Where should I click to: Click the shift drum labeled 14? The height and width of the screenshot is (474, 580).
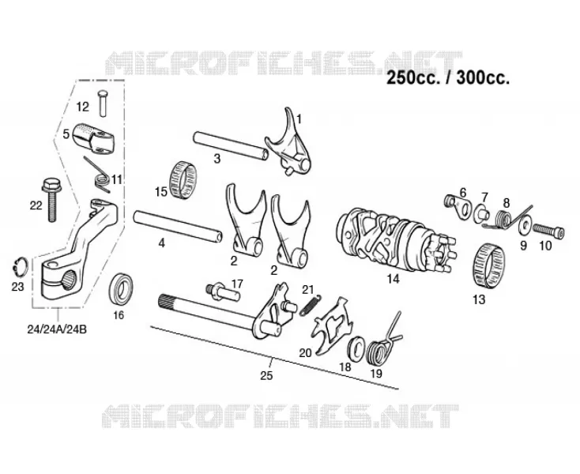[x=397, y=241]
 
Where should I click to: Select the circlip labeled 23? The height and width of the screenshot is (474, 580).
[x=19, y=266]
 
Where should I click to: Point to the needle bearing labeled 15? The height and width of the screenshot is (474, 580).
[x=183, y=175]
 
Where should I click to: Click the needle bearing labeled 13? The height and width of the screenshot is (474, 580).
[x=489, y=265]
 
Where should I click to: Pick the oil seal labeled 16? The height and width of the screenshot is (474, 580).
[x=122, y=288]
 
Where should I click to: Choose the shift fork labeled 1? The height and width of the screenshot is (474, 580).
[x=288, y=141]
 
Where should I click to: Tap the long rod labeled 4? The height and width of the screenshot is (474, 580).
[x=178, y=225]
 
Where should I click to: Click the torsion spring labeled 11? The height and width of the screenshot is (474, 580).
[x=98, y=174]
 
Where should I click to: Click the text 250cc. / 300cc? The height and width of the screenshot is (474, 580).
[x=448, y=78]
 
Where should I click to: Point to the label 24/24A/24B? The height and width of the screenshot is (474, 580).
[x=57, y=329]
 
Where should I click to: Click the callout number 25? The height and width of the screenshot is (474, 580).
[x=266, y=376]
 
